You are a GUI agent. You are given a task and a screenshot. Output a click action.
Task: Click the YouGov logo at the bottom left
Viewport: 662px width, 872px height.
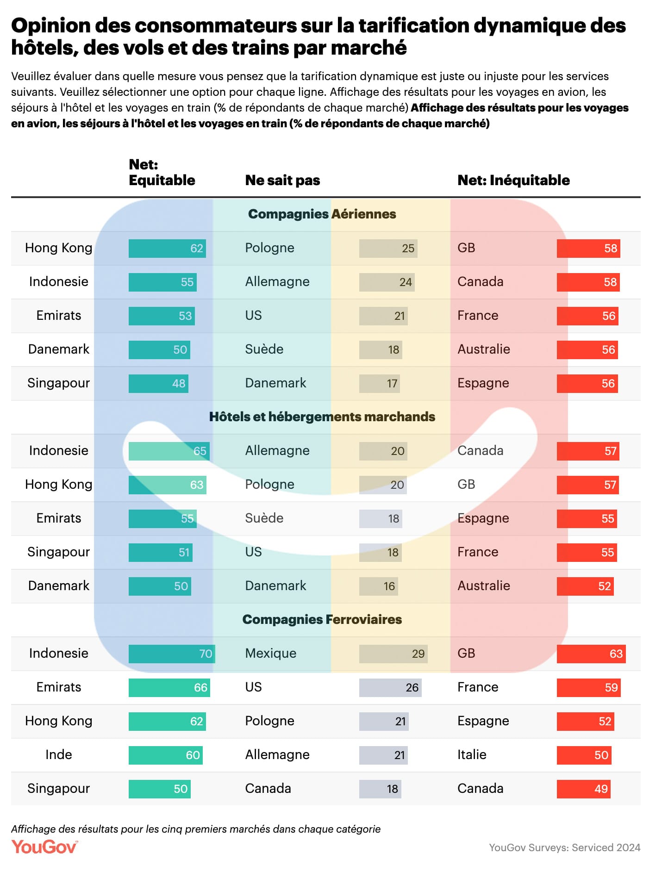pyautogui.click(x=44, y=847)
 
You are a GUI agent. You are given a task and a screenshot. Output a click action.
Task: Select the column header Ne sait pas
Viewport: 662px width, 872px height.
pyautogui.click(x=282, y=180)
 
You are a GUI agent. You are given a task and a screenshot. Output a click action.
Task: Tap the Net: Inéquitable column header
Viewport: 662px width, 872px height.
pyautogui.click(x=513, y=180)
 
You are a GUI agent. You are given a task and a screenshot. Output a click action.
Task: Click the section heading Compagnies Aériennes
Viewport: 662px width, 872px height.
pyautogui.click(x=322, y=214)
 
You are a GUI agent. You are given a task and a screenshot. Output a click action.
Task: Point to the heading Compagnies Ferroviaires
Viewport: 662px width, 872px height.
pyautogui.click(x=322, y=619)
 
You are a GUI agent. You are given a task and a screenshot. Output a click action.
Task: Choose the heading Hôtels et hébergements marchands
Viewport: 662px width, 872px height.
pyautogui.click(x=322, y=417)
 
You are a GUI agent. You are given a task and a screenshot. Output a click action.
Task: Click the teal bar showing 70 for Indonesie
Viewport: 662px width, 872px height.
pyautogui.click(x=172, y=654)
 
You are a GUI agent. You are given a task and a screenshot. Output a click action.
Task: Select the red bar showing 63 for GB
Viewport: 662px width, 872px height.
pyautogui.click(x=591, y=654)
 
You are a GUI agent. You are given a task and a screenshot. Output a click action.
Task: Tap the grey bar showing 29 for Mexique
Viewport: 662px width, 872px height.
pyautogui.click(x=393, y=654)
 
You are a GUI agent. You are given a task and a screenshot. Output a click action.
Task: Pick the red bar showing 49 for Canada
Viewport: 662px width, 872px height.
pyautogui.click(x=583, y=789)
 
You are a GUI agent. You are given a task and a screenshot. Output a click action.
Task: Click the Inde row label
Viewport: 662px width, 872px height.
pyautogui.click(x=59, y=754)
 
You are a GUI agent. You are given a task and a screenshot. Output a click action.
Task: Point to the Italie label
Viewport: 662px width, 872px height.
pyautogui.click(x=472, y=754)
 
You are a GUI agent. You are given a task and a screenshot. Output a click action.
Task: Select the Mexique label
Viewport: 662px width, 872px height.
pyautogui.click(x=271, y=653)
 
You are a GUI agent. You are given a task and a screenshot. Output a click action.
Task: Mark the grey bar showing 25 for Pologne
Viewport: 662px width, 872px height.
pyautogui.click(x=388, y=248)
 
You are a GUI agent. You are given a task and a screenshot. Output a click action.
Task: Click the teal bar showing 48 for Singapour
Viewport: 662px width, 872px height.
pyautogui.click(x=158, y=383)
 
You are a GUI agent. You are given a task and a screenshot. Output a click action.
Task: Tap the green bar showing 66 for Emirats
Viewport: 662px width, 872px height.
pyautogui.click(x=169, y=687)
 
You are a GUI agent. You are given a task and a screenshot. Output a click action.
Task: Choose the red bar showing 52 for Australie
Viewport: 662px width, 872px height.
pyautogui.click(x=585, y=586)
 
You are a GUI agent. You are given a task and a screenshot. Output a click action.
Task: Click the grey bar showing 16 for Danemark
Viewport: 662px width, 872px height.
pyautogui.click(x=378, y=586)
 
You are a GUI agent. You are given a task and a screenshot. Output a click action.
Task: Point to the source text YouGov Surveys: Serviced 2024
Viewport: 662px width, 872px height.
pyautogui.click(x=564, y=847)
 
